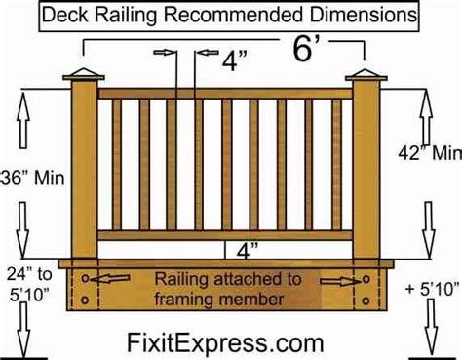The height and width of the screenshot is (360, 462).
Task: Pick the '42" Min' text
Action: (x=428, y=153)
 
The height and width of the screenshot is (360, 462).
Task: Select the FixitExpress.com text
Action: (x=225, y=340)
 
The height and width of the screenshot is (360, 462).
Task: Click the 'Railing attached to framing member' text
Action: (x=224, y=288)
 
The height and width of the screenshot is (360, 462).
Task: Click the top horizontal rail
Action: (x=225, y=93)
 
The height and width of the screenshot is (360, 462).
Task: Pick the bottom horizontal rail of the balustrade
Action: (x=225, y=235)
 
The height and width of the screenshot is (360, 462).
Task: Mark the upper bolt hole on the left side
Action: (x=86, y=277)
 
